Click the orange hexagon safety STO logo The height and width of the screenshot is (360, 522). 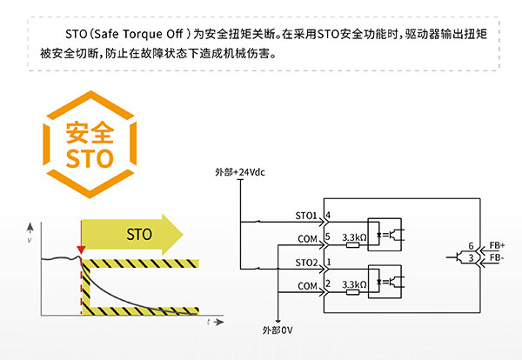(90, 147)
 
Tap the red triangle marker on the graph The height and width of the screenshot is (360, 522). (81, 251)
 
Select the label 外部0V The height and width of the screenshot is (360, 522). (279, 330)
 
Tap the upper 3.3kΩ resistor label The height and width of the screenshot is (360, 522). (354, 236)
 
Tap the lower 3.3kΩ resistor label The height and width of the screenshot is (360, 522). (354, 283)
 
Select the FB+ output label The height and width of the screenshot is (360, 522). (497, 246)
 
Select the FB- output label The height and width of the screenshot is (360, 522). (496, 258)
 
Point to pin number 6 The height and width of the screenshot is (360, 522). (471, 246)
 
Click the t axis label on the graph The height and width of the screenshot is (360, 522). (209, 322)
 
